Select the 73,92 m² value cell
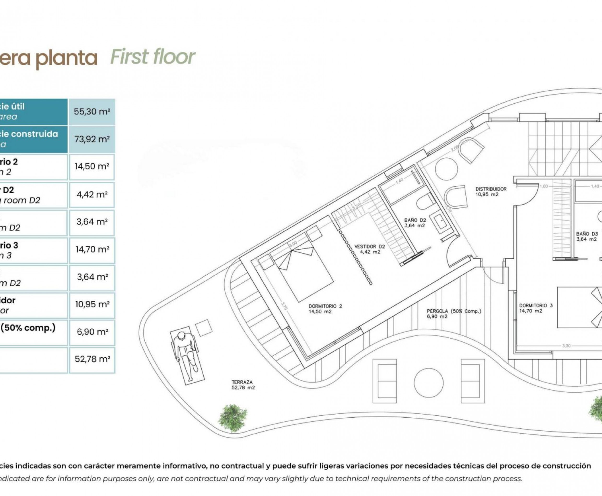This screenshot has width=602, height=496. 92,139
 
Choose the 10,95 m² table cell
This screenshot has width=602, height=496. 92,304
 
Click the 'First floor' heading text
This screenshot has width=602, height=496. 153,57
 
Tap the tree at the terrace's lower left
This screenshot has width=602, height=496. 232,418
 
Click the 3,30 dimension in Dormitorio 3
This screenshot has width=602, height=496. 566,346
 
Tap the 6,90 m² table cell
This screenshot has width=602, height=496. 92,332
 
